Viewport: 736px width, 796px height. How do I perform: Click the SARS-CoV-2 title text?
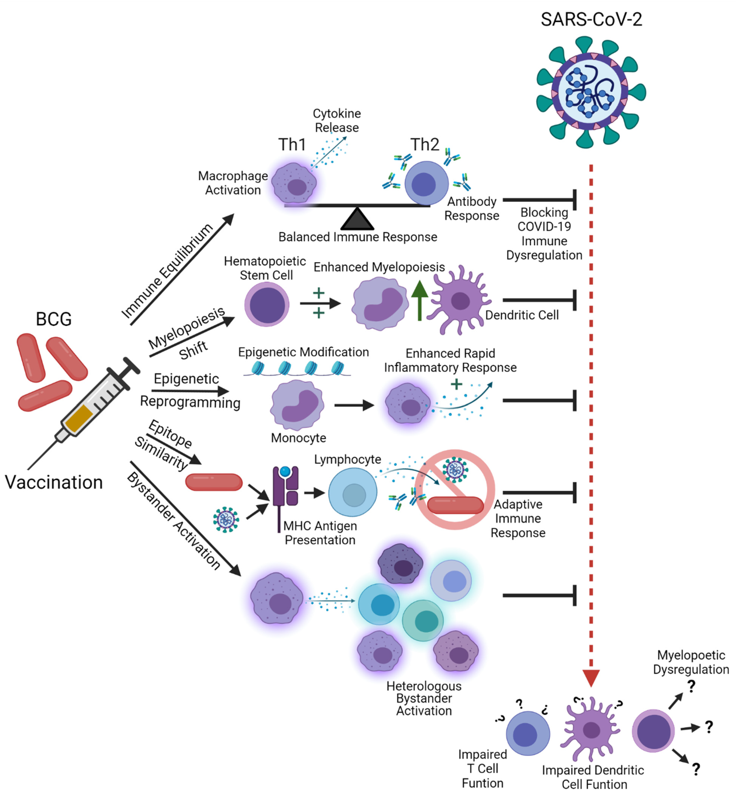(x=591, y=19)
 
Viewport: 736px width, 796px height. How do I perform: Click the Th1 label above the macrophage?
(x=292, y=145)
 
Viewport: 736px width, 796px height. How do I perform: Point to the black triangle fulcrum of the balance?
(x=357, y=220)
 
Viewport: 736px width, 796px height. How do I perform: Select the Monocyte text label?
(x=298, y=438)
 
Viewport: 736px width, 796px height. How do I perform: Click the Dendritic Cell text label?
(x=522, y=315)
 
